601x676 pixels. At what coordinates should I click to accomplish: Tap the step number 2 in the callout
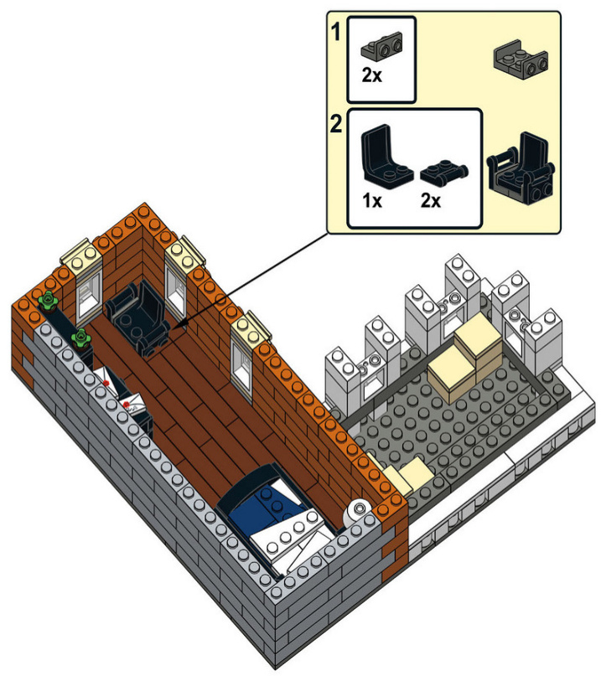point(335,126)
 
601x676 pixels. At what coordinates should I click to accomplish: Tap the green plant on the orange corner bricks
point(47,299)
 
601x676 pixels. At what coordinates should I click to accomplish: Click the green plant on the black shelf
point(80,338)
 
